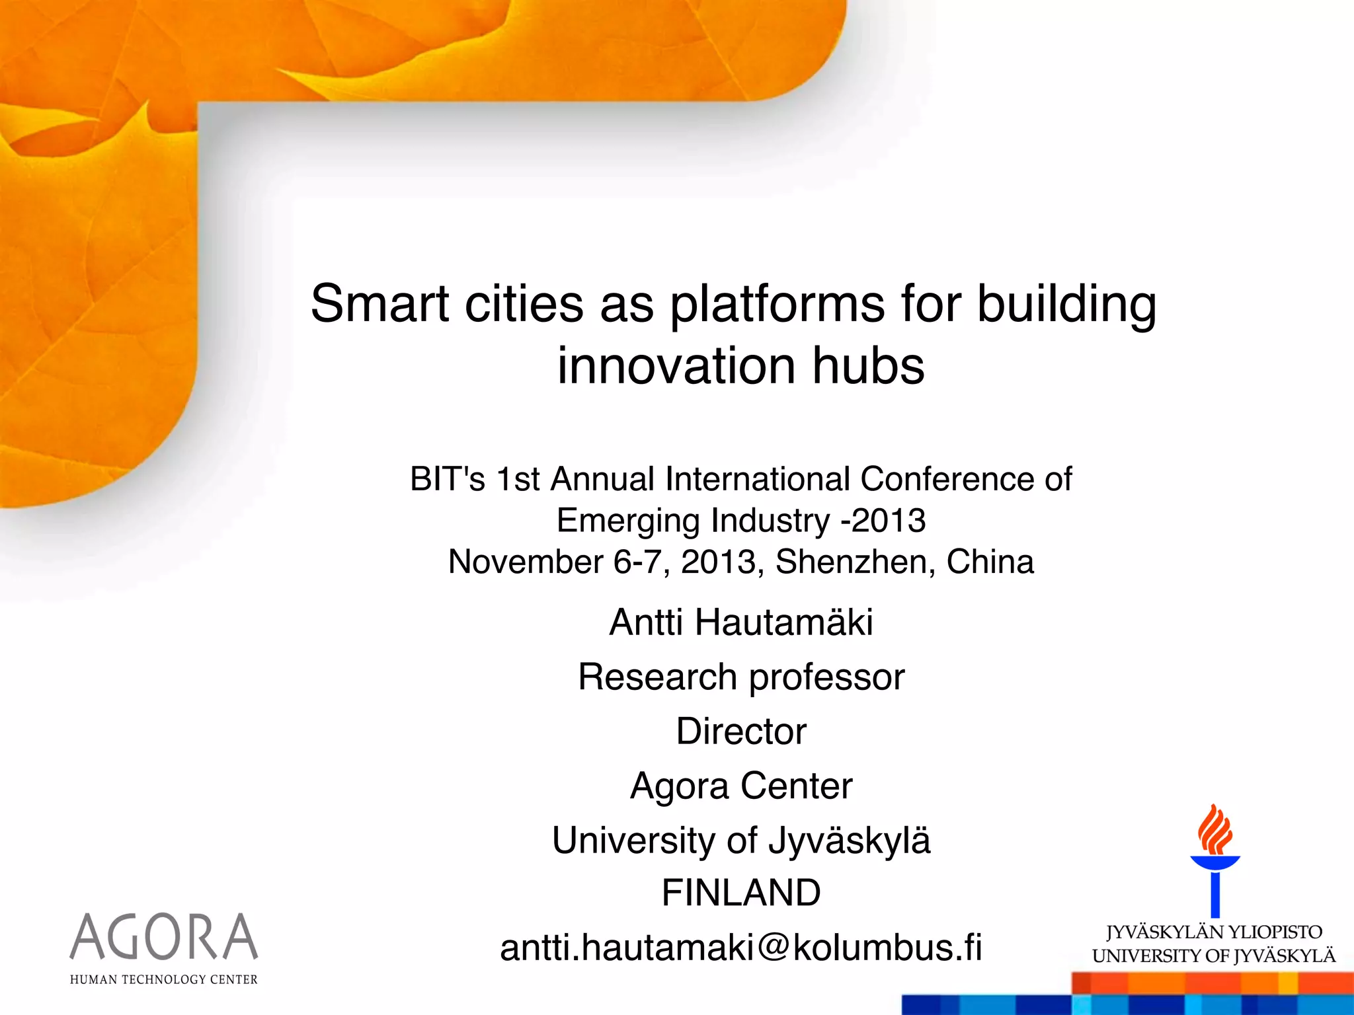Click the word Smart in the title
[x=380, y=304]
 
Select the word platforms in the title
[x=777, y=304]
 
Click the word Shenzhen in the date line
[x=854, y=562]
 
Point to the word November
[x=526, y=562]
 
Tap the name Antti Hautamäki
[x=740, y=622]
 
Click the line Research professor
[x=740, y=677]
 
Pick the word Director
[x=740, y=732]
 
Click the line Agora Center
[x=740, y=786]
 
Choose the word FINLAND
[x=740, y=893]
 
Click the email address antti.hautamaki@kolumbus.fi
[x=740, y=948]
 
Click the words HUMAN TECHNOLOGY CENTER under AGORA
[x=164, y=980]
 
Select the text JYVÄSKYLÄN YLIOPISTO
[x=1214, y=932]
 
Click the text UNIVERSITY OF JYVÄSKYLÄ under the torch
[x=1214, y=956]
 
